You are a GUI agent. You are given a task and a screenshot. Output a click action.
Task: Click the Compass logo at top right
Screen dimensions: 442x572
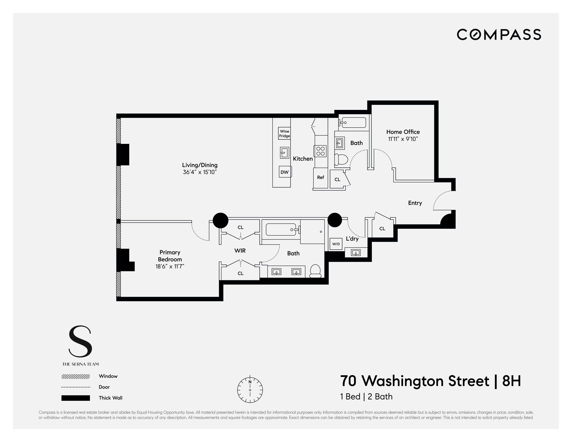(x=499, y=35)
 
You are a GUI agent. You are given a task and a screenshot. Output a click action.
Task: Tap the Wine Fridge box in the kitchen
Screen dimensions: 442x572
(x=284, y=133)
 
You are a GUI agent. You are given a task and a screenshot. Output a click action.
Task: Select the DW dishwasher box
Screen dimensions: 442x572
(x=285, y=172)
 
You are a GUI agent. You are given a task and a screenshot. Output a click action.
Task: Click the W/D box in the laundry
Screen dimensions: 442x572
(x=336, y=244)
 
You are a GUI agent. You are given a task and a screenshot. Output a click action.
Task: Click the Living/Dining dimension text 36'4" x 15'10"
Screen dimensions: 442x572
(x=200, y=172)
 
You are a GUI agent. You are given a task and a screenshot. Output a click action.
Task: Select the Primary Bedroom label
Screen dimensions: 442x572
(x=170, y=256)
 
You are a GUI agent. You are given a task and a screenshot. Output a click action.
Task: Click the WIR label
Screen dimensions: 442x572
(x=240, y=251)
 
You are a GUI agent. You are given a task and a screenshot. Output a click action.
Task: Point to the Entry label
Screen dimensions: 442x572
(x=415, y=203)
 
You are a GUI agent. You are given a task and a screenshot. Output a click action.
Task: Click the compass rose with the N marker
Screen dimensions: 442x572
(x=250, y=390)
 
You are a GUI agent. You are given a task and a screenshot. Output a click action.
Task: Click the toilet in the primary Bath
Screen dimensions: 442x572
(x=315, y=271)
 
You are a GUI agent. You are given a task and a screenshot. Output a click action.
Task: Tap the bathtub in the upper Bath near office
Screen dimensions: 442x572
(x=353, y=123)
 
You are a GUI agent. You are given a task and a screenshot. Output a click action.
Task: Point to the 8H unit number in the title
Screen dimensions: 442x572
(x=511, y=381)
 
